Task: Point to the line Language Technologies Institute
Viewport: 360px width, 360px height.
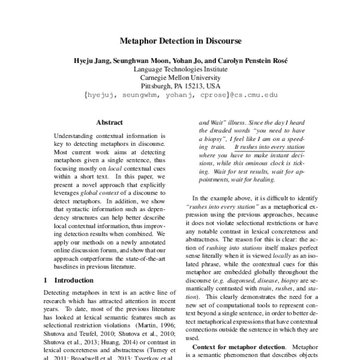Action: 180,69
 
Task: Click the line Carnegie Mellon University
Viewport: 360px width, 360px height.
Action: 180,77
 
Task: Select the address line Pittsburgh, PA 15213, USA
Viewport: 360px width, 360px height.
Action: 180,86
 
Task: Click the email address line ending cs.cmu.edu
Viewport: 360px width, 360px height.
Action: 180,95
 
